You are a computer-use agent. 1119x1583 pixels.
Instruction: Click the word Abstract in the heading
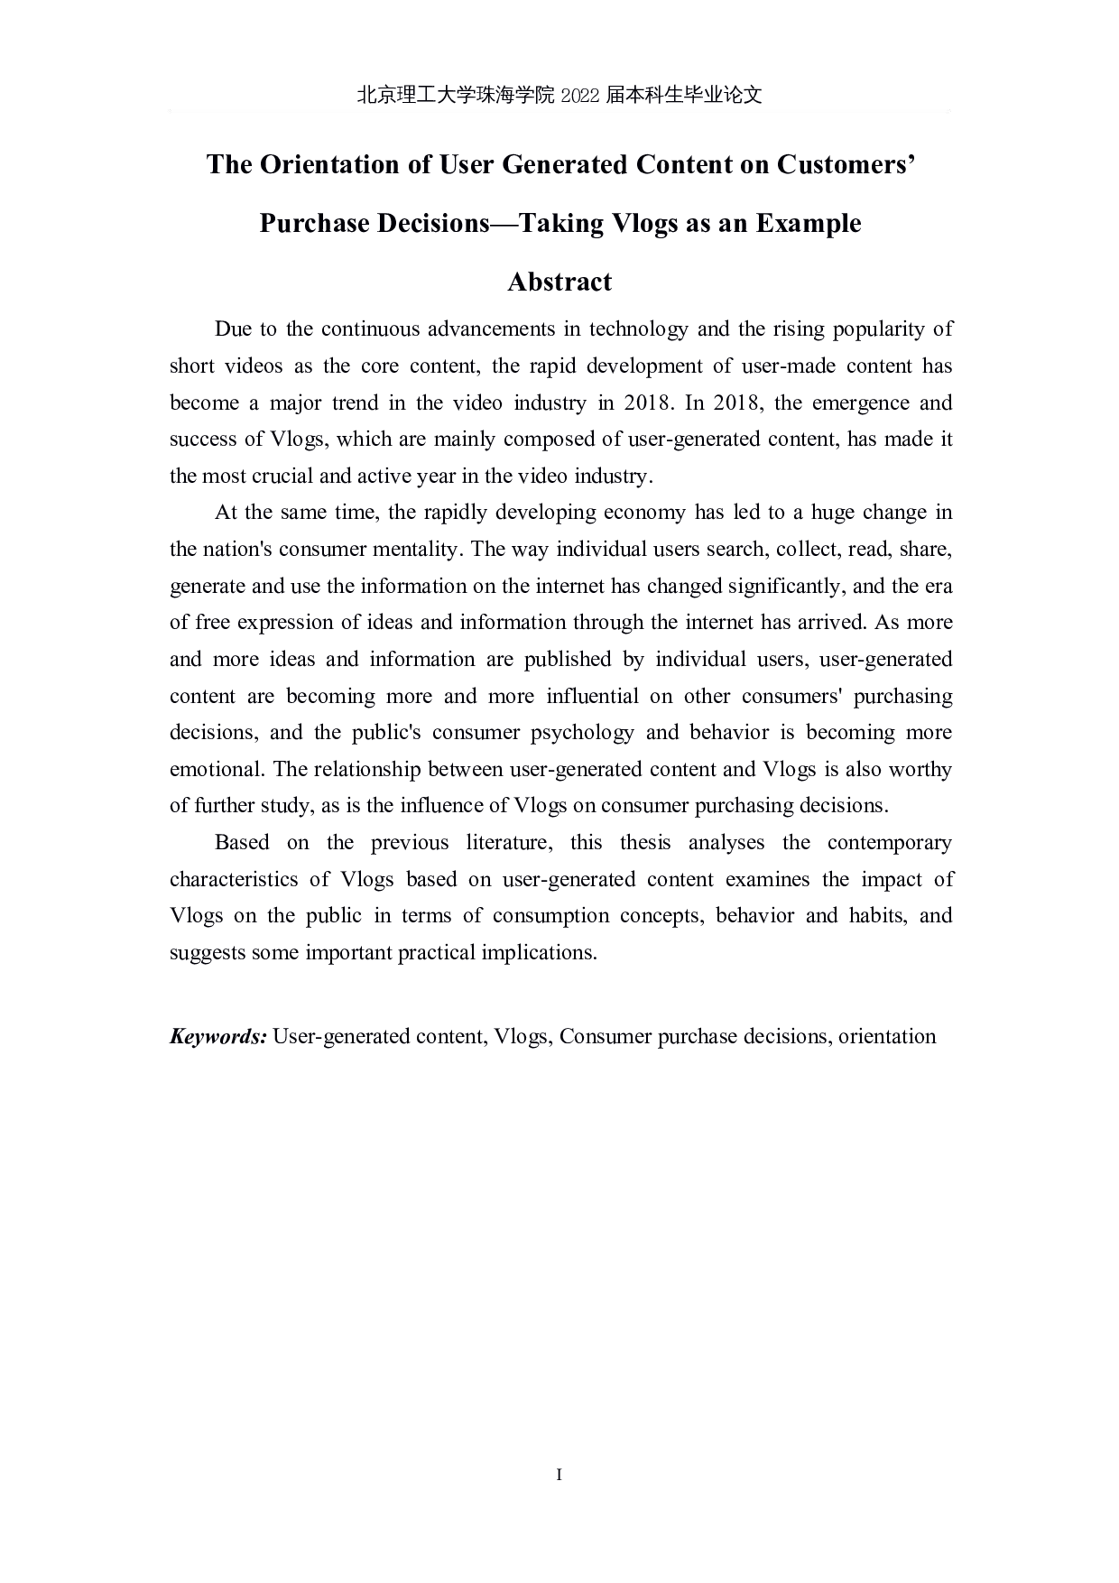(x=559, y=282)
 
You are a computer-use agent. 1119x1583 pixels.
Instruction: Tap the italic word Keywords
(x=217, y=1036)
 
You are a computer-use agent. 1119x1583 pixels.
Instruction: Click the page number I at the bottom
(x=559, y=1475)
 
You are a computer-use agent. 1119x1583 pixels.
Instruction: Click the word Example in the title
(x=808, y=223)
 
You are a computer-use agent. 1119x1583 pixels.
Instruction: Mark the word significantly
(x=783, y=586)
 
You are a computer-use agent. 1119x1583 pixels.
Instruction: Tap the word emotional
(x=215, y=769)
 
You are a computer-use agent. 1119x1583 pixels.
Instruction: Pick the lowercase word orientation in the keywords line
(x=887, y=1036)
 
